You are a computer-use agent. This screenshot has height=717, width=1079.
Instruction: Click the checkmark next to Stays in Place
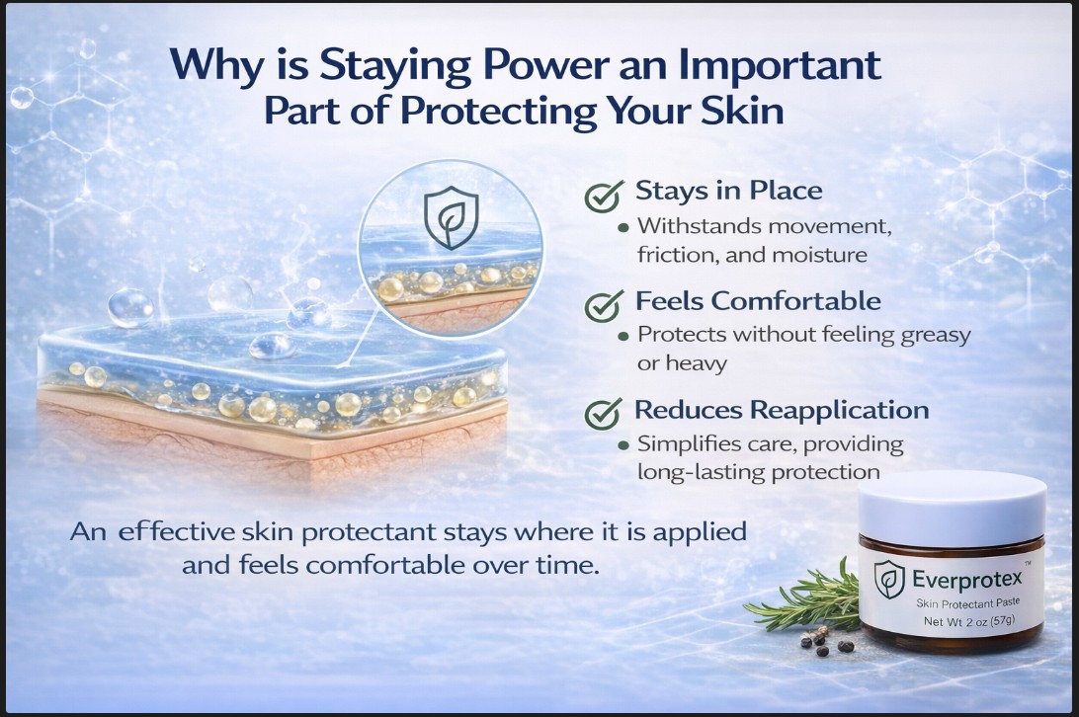click(604, 195)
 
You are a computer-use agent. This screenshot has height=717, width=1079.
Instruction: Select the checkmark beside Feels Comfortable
click(604, 304)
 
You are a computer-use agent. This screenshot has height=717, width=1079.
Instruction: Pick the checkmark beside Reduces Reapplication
click(604, 413)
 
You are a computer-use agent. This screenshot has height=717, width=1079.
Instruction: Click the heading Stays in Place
click(728, 190)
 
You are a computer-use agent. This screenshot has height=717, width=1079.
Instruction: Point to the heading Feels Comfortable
click(758, 299)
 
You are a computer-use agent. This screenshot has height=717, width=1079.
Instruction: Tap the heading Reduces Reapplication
click(781, 409)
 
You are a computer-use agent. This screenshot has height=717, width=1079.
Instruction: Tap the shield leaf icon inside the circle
click(451, 219)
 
